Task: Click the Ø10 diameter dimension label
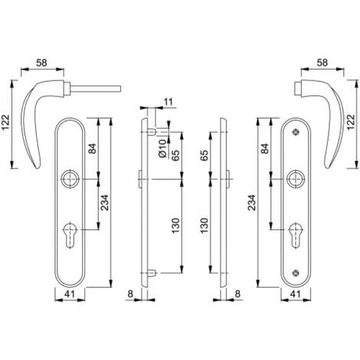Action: (162, 149)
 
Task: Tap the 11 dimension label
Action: (168, 102)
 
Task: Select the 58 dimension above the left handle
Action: (41, 63)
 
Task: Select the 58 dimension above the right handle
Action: (322, 63)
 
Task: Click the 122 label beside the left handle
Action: (5, 123)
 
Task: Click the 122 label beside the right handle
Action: (351, 122)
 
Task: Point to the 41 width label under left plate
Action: (70, 294)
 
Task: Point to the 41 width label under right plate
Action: (296, 294)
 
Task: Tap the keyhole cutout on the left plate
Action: (70, 235)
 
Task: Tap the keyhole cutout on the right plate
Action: (296, 235)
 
